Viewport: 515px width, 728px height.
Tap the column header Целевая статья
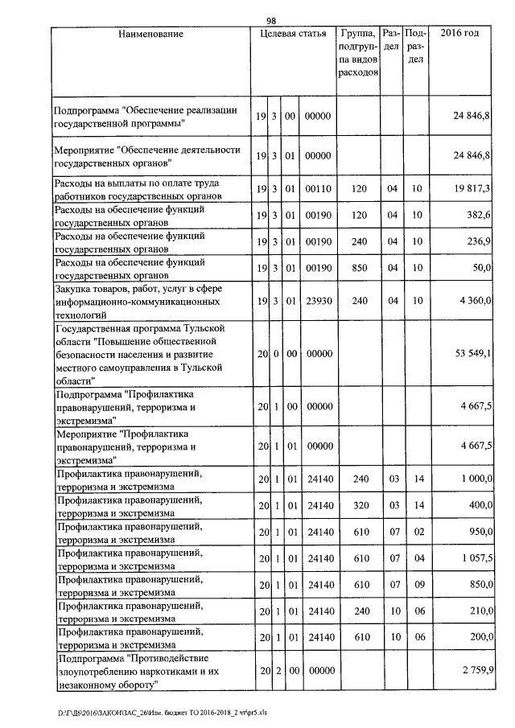(293, 34)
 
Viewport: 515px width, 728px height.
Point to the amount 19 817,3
(472, 188)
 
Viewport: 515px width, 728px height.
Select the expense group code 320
(359, 505)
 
